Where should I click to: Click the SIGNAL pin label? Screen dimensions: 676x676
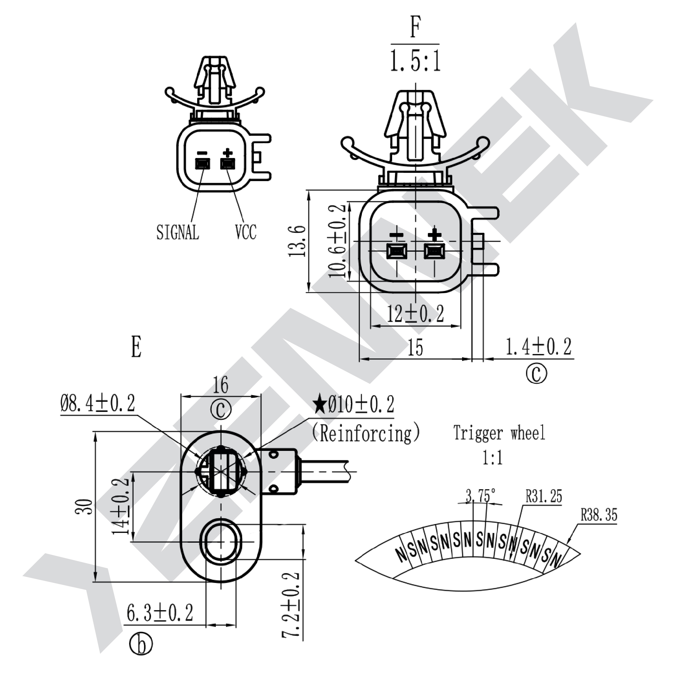[x=178, y=232]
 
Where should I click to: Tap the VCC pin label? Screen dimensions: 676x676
[x=246, y=232]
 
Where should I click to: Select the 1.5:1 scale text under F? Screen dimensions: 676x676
[x=415, y=61]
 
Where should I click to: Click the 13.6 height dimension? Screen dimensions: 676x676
[x=298, y=241]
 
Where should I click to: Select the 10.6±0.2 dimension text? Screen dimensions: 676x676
[x=337, y=241]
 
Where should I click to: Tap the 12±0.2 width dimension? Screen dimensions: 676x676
[x=415, y=313]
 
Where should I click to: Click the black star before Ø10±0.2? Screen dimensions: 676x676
[x=319, y=405]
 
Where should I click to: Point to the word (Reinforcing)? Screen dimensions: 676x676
[x=365, y=433]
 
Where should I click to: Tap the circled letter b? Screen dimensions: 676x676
[x=141, y=654]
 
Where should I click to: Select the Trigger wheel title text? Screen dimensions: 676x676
[x=499, y=433]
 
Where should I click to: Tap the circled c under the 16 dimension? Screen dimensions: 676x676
[x=221, y=409]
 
